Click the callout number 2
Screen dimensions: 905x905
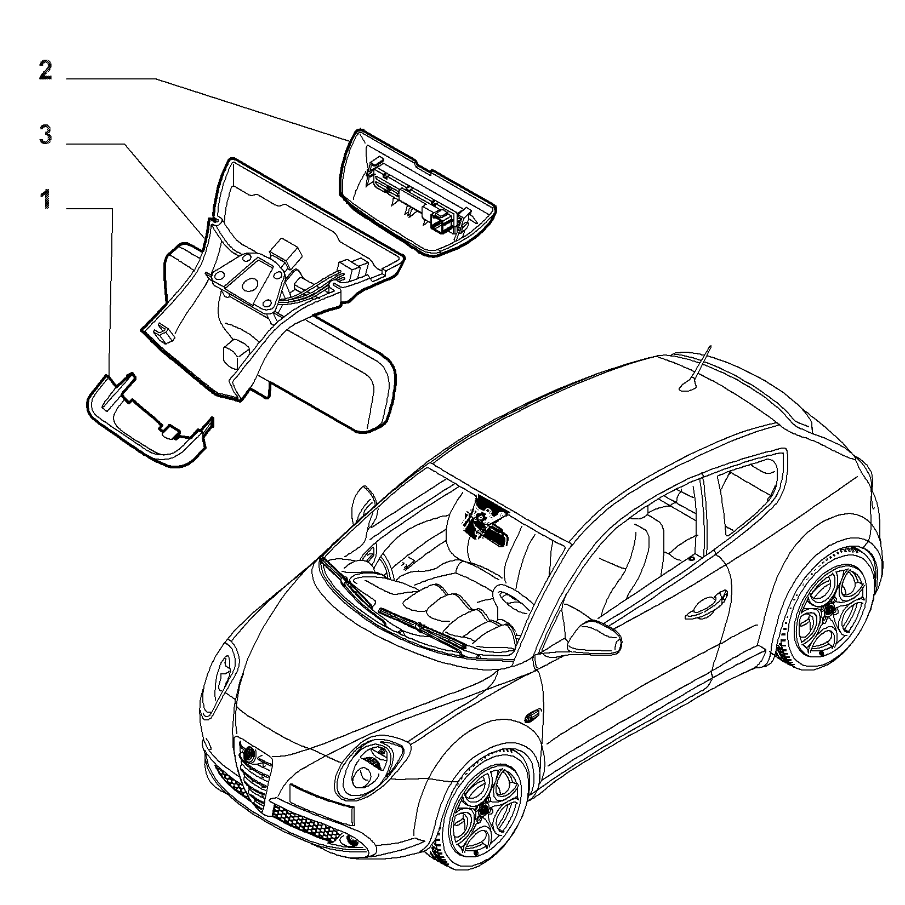click(x=45, y=71)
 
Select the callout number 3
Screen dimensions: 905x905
click(x=45, y=135)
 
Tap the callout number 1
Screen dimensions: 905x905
click(x=47, y=199)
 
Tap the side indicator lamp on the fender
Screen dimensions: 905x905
click(x=532, y=716)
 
